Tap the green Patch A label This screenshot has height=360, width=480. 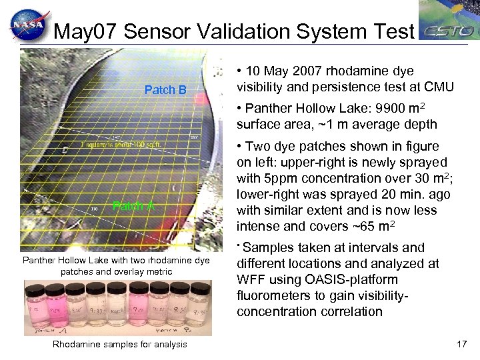point(133,205)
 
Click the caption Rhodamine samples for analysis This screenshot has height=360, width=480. point(119,344)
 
